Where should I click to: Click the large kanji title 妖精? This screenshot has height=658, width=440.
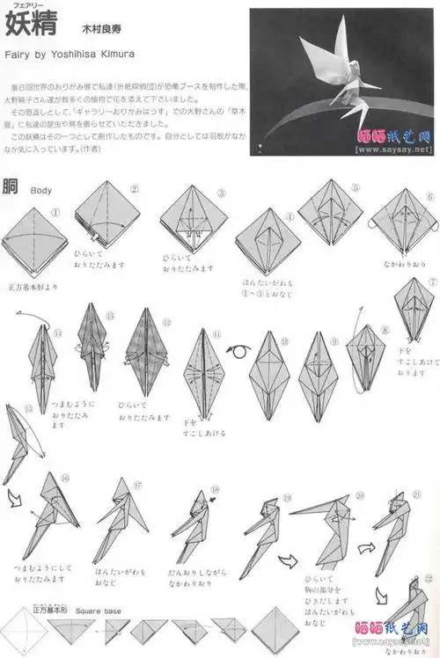[x=31, y=25]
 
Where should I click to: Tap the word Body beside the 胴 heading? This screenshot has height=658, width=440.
[x=41, y=189]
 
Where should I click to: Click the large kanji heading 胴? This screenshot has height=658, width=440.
[x=11, y=186]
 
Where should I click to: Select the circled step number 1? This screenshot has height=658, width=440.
[x=55, y=212]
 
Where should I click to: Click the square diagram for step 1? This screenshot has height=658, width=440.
[x=34, y=241]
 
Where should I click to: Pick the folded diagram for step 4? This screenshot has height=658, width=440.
[x=267, y=244]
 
